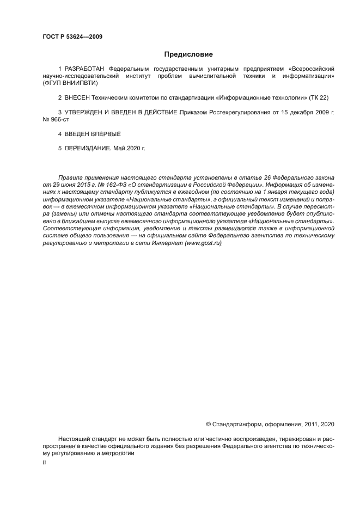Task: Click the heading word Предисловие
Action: [x=188, y=54]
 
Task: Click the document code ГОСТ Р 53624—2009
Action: [x=72, y=37]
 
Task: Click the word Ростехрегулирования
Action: [x=238, y=112]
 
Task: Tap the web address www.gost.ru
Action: [x=203, y=243]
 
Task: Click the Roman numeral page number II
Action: [x=44, y=462]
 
